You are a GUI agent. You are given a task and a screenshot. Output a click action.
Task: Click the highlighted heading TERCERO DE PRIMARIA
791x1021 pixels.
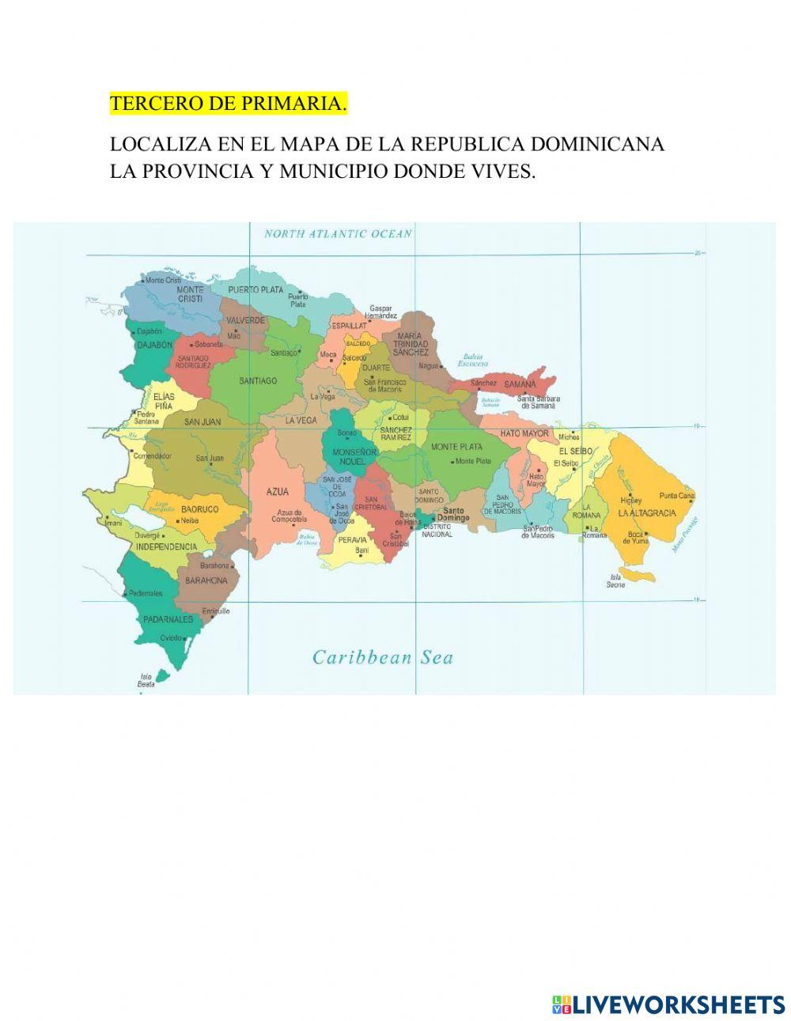pyautogui.click(x=228, y=104)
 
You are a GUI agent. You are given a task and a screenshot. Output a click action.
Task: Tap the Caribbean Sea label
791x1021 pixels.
pyautogui.click(x=383, y=657)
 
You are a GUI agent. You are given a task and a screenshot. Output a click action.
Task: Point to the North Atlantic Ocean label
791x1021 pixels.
pyautogui.click(x=338, y=233)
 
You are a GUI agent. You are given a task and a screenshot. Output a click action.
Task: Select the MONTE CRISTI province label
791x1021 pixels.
pyautogui.click(x=190, y=294)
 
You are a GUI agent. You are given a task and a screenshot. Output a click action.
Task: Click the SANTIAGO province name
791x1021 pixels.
pyautogui.click(x=258, y=380)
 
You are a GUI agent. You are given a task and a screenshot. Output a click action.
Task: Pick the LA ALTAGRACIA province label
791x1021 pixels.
pyautogui.click(x=647, y=512)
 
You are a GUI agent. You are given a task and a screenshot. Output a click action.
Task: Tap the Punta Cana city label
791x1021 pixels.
pyautogui.click(x=676, y=497)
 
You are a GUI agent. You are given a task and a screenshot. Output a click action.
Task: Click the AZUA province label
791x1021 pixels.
pyautogui.click(x=277, y=491)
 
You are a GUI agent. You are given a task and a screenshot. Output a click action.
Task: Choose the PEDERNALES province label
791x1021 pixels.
pyautogui.click(x=168, y=619)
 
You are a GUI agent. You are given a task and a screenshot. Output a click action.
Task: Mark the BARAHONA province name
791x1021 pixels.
pyautogui.click(x=206, y=580)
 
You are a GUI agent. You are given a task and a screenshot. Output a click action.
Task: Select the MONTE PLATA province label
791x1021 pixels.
pyautogui.click(x=456, y=447)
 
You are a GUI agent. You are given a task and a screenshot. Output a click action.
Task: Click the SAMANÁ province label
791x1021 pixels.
pyautogui.click(x=520, y=384)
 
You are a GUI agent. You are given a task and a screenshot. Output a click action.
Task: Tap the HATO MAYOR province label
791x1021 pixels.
pyautogui.click(x=524, y=433)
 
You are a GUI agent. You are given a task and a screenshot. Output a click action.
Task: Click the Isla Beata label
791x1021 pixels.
pyautogui.click(x=146, y=680)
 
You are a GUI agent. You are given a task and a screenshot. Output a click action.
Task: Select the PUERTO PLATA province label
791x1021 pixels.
pyautogui.click(x=255, y=289)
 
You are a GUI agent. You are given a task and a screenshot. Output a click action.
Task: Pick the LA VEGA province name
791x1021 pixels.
pyautogui.click(x=301, y=421)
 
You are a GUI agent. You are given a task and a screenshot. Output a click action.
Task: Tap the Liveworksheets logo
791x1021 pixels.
pyautogui.click(x=668, y=1004)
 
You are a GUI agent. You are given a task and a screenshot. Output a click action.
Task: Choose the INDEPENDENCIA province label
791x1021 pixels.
pyautogui.click(x=166, y=546)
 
